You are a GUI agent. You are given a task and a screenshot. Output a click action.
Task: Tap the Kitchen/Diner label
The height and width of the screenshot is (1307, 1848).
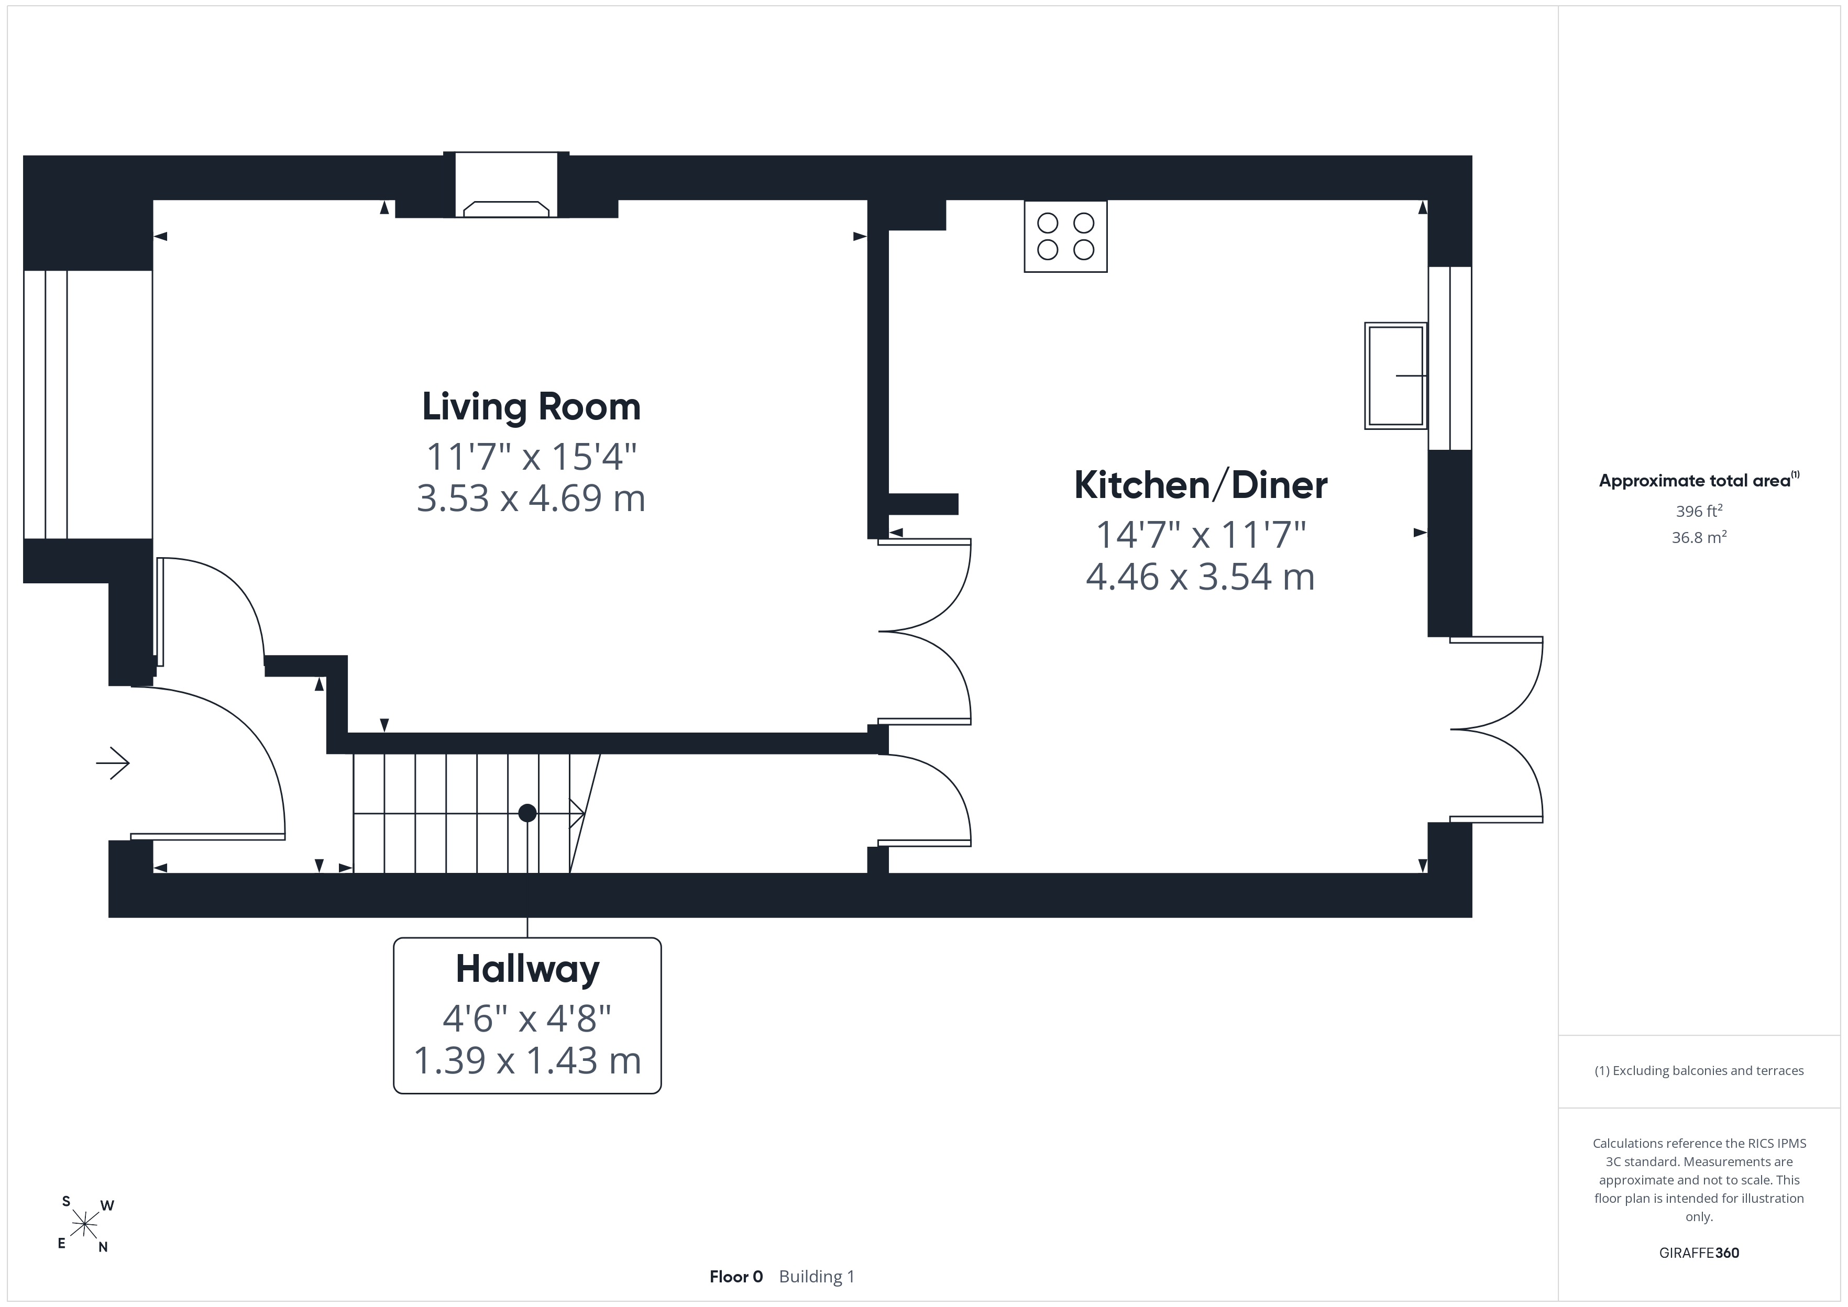click(1201, 485)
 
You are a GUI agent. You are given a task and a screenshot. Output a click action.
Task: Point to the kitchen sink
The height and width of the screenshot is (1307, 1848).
click(1395, 375)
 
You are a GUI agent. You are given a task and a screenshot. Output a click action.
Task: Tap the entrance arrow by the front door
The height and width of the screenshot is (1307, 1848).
click(113, 763)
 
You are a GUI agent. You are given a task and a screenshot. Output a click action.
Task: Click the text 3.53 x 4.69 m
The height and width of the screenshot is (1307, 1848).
click(531, 498)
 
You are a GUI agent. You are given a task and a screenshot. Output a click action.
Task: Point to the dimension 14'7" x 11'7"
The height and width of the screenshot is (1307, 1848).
click(1201, 535)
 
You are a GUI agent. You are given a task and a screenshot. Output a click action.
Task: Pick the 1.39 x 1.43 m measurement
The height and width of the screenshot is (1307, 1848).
click(527, 1061)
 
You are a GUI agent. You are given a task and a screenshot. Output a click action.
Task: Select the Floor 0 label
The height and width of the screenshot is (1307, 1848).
click(735, 1277)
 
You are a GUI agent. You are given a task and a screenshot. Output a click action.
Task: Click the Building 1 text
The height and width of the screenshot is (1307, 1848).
click(816, 1277)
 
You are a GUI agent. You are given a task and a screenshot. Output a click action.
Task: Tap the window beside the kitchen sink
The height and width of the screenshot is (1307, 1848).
click(1449, 358)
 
